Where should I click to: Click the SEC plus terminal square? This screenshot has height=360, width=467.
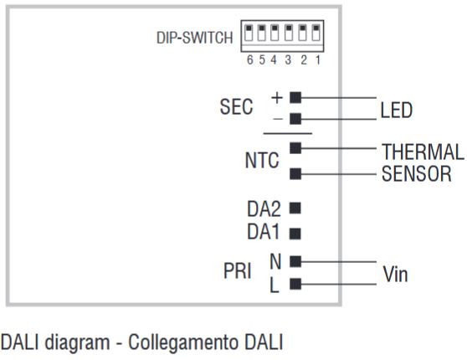coord(295,98)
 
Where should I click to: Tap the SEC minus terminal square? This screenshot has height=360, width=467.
coord(295,119)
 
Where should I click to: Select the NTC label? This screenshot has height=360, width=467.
coord(261,162)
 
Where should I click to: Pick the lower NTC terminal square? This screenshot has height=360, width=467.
coord(295,174)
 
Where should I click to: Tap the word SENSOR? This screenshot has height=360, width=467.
coord(417,175)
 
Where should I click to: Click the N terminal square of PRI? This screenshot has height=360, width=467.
coord(295,262)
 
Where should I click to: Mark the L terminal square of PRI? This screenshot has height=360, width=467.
coord(295,284)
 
